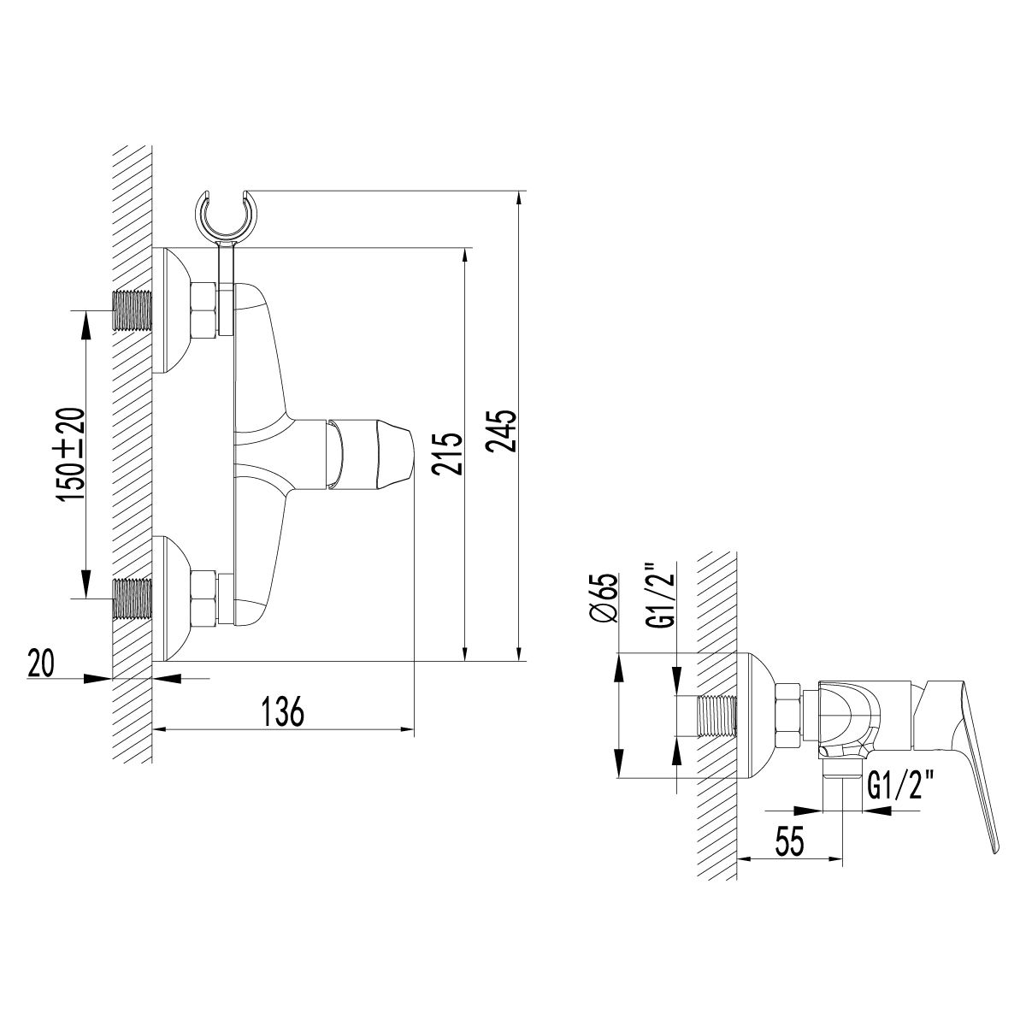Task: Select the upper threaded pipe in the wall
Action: point(132,310)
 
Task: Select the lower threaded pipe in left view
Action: point(132,598)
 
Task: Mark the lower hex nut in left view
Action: point(204,598)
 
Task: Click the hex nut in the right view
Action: point(787,716)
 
